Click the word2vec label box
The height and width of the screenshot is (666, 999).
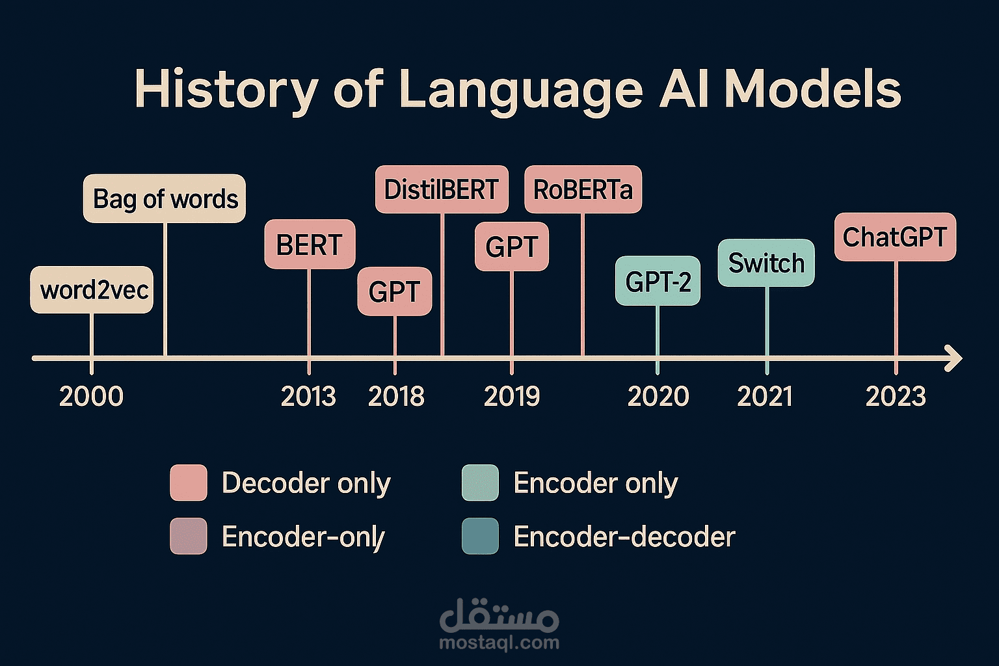pyautogui.click(x=92, y=289)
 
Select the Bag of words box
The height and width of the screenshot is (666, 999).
pyautogui.click(x=164, y=198)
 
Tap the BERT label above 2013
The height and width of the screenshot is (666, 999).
pyautogui.click(x=310, y=244)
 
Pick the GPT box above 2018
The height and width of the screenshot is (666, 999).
pyautogui.click(x=395, y=291)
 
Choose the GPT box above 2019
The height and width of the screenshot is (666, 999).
pyautogui.click(x=512, y=246)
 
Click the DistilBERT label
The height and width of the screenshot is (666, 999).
pyautogui.click(x=442, y=189)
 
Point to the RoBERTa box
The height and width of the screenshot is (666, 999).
pyautogui.click(x=583, y=189)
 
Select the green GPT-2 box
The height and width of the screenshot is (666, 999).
pyautogui.click(x=658, y=280)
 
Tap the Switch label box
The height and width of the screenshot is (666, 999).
pyautogui.click(x=766, y=263)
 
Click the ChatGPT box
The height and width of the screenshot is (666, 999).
pyautogui.click(x=895, y=237)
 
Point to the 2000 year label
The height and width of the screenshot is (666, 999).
pyautogui.click(x=91, y=396)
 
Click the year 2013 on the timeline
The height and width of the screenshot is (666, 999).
pyautogui.click(x=308, y=396)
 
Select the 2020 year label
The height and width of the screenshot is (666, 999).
pyautogui.click(x=658, y=396)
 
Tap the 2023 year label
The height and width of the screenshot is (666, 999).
pyautogui.click(x=896, y=396)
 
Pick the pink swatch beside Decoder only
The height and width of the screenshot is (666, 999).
pyautogui.click(x=189, y=482)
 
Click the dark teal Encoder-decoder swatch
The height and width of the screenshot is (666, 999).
pyautogui.click(x=480, y=536)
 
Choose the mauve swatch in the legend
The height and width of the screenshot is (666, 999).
pyautogui.click(x=189, y=536)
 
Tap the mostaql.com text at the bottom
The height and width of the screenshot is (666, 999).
pyautogui.click(x=499, y=643)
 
